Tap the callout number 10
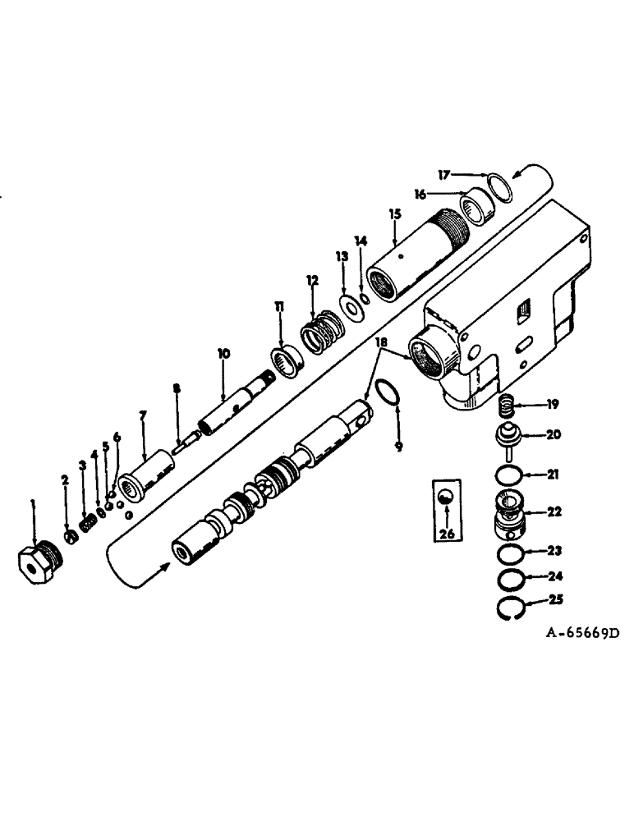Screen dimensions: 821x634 tap(222, 354)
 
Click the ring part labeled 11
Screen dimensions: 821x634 tap(283, 360)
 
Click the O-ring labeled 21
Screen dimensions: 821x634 tap(512, 476)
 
